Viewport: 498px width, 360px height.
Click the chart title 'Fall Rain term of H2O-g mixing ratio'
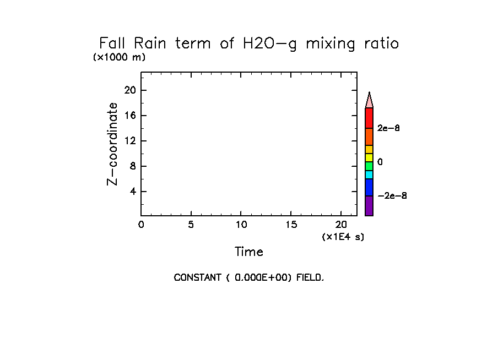(x=248, y=43)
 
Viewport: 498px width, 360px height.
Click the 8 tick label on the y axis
(x=133, y=166)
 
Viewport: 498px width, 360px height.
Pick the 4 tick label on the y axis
(x=133, y=192)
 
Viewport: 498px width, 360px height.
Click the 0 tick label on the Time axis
(x=141, y=225)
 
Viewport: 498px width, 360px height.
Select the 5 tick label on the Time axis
(x=191, y=225)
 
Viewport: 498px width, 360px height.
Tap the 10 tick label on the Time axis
(x=241, y=225)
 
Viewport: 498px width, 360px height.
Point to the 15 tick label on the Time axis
(x=291, y=225)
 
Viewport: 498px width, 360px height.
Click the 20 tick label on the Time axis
(x=340, y=225)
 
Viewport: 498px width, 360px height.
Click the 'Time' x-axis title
(x=248, y=252)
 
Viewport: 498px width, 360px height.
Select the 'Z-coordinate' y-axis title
(x=113, y=143)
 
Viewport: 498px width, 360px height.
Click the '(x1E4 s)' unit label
(x=343, y=237)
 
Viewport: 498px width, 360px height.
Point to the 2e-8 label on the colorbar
(x=388, y=128)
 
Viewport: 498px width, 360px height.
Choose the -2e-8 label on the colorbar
(x=392, y=196)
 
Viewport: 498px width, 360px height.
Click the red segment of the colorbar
(x=369, y=118)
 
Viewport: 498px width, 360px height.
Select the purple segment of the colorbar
(x=369, y=206)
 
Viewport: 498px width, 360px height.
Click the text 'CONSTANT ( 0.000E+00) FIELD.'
(x=248, y=277)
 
